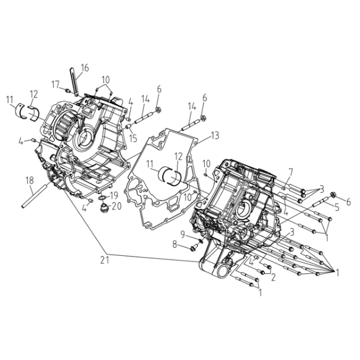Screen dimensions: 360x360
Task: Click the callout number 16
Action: (x=84, y=68)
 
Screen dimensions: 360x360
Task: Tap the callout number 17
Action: (x=55, y=84)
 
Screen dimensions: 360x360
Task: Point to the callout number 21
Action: (x=105, y=260)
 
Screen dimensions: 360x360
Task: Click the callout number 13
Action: (x=215, y=136)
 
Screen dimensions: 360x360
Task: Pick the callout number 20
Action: (x=117, y=206)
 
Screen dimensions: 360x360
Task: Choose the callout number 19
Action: (x=114, y=196)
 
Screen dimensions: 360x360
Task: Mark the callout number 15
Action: (x=133, y=138)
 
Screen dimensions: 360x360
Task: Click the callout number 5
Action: (x=337, y=207)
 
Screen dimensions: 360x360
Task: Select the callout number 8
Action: (x=175, y=245)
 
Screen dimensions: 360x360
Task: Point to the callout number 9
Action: (x=183, y=234)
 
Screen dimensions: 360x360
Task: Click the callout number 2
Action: (x=273, y=277)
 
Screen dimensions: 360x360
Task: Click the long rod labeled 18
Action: (x=35, y=195)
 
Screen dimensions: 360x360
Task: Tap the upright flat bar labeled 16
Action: (x=73, y=82)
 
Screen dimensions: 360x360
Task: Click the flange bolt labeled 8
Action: (x=193, y=248)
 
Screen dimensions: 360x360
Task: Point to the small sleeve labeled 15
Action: (x=129, y=126)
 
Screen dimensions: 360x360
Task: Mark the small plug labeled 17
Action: (x=68, y=90)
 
